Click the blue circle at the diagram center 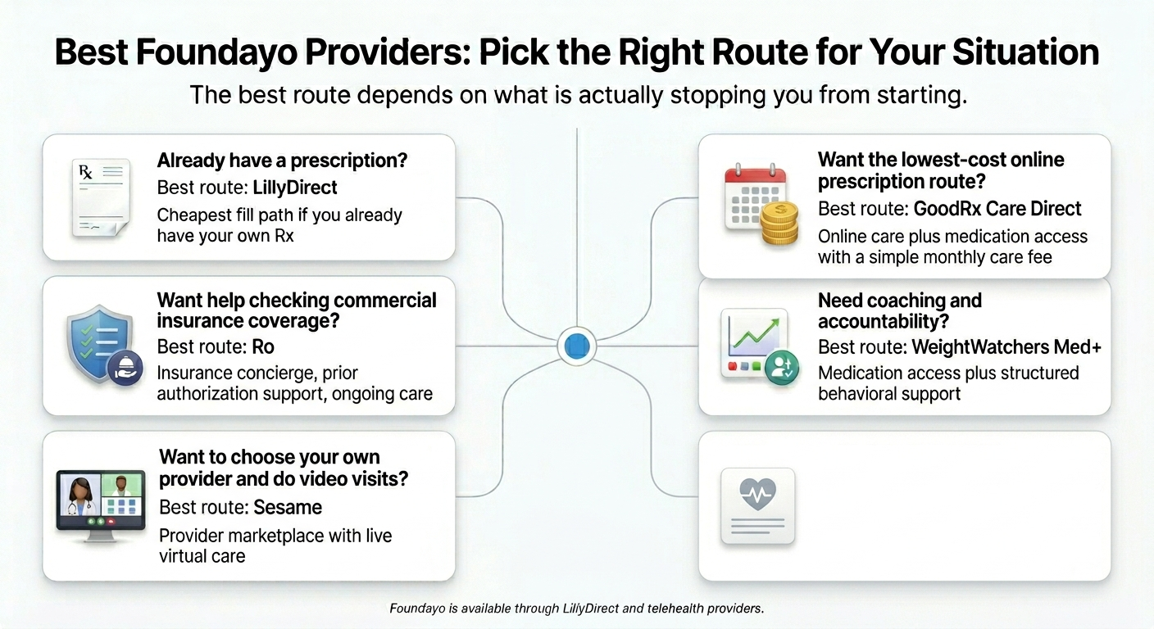577,346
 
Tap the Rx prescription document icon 100,198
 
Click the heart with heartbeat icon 757,496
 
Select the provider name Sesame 288,507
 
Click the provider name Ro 263,346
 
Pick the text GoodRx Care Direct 997,209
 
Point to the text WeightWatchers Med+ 1006,347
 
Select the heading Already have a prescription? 282,161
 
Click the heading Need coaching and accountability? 899,311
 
